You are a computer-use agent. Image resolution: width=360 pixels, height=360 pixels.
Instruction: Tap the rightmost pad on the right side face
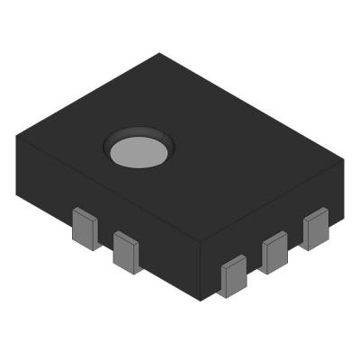[x=315, y=229]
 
